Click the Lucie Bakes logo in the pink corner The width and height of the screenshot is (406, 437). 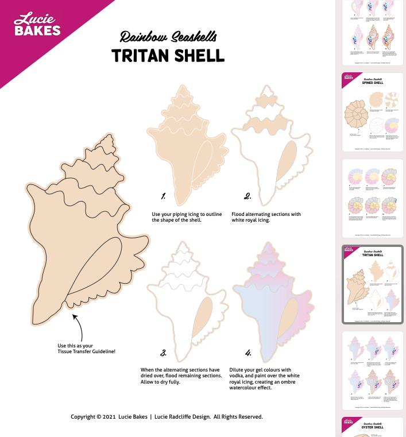(37, 24)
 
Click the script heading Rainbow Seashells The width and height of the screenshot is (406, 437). (168, 38)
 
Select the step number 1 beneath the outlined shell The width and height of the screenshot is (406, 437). (164, 196)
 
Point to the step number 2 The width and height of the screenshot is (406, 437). (248, 196)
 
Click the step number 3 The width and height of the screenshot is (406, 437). (164, 352)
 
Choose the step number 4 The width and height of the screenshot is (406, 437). (248, 352)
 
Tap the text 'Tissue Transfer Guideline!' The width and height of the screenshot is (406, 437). (87, 351)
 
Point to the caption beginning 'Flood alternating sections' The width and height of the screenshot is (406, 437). (266, 214)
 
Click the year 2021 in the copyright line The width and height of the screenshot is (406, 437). (112, 416)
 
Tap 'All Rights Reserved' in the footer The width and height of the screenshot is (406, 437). (238, 416)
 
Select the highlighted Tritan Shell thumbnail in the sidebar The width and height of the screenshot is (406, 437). (372, 285)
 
